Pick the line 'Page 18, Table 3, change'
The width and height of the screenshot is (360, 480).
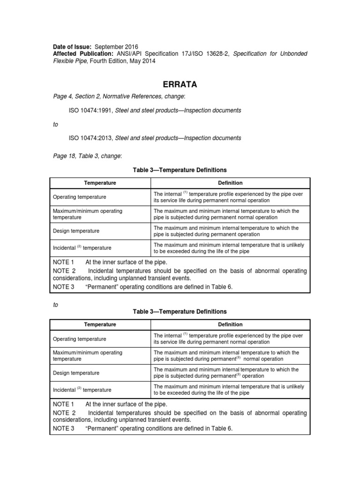pos(87,155)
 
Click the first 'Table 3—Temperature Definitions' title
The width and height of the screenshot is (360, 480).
pos(180,170)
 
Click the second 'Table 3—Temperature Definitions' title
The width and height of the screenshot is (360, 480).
pos(180,311)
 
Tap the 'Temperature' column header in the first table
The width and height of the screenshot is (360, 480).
pos(100,183)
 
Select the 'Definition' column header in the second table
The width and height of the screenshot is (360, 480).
pos(230,324)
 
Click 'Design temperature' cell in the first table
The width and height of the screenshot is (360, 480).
pos(76,231)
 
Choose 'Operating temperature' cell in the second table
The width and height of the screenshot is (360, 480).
pos(79,339)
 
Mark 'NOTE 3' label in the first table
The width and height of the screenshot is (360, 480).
pos(63,287)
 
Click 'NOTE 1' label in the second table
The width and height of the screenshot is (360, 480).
pos(63,404)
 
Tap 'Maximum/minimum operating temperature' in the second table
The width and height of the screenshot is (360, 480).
pos(87,356)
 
